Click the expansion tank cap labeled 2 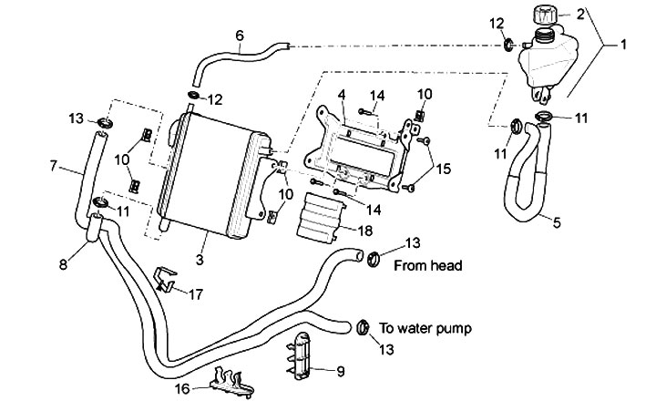coord(546,16)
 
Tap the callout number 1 coord(624,44)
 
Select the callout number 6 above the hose coord(240,36)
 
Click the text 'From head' coord(428,267)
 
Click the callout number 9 coord(340,371)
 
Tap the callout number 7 coord(53,166)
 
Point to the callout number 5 coord(557,220)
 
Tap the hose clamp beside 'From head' coord(372,260)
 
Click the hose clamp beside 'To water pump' coord(361,326)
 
